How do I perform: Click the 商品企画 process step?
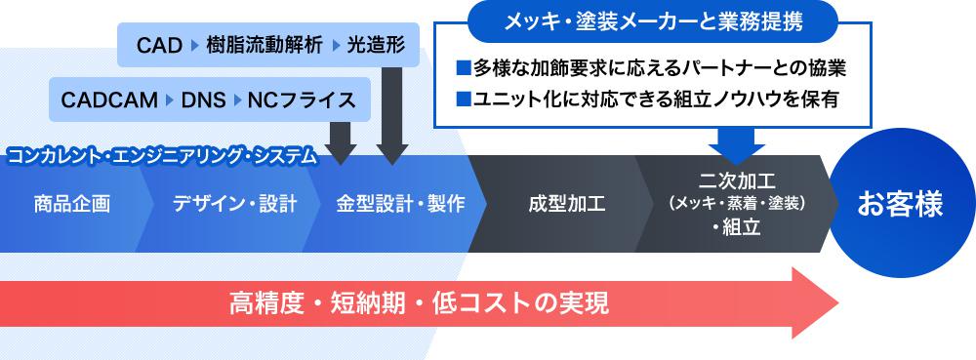coord(71,205)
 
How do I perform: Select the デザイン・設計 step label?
coord(234,205)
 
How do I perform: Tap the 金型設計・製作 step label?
coord(400,205)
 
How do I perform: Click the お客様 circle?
coord(900,205)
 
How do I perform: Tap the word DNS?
coord(202,100)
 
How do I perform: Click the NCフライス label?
coord(303,100)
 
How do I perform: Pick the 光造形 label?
coord(376,45)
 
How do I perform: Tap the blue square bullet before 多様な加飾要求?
coord(464,70)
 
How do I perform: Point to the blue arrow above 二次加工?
coord(738,144)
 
